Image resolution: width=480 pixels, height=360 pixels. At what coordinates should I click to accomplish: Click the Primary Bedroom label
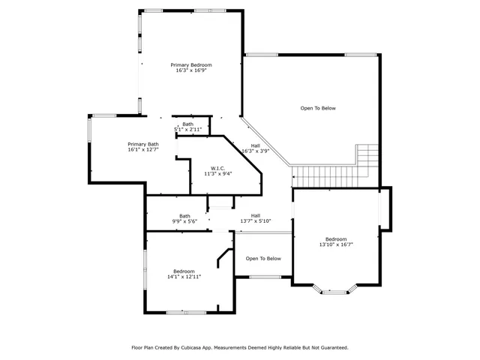190,65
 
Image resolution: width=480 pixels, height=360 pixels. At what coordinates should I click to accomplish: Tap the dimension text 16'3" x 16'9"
190,71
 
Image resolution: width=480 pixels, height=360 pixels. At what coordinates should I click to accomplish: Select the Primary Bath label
142,144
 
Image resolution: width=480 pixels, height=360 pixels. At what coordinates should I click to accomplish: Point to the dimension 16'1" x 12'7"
142,150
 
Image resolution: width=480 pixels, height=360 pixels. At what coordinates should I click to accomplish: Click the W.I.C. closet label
217,168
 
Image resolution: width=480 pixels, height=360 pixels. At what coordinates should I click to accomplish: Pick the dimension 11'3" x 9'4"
217,174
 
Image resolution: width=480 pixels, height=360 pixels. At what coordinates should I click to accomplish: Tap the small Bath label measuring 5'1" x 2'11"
187,124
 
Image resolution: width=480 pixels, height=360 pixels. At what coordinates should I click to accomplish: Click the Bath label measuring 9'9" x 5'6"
184,216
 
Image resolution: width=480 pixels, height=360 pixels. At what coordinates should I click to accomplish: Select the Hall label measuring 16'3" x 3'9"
255,145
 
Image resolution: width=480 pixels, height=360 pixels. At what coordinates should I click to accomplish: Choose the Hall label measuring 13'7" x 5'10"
255,216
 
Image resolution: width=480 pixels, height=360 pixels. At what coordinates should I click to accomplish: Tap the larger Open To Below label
318,108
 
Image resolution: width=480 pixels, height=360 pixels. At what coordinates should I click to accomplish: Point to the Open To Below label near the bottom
263,259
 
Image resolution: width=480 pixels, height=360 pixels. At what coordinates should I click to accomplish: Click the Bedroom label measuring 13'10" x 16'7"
336,239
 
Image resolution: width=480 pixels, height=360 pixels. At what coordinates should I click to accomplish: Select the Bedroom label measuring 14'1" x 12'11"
184,271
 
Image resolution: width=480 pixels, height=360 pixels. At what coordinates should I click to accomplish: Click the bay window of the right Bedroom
335,289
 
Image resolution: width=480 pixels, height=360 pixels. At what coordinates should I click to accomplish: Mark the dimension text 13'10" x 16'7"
336,245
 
